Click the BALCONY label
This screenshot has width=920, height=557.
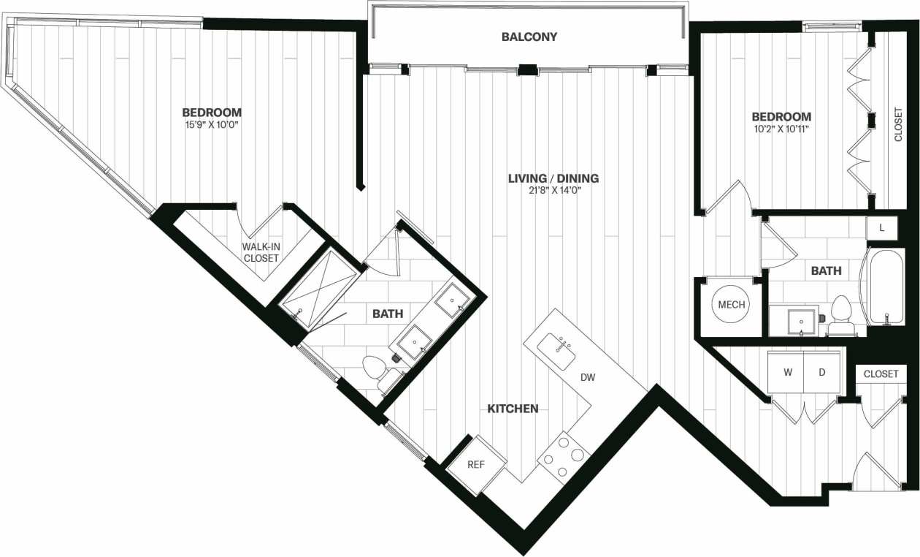(529, 37)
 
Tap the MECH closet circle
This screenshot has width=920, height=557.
(731, 305)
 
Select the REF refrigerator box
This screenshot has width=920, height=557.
(476, 464)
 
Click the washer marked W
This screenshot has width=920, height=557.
(788, 372)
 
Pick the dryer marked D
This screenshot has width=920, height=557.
(821, 372)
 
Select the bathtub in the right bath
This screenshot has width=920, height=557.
(884, 286)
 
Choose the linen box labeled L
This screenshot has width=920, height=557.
(882, 228)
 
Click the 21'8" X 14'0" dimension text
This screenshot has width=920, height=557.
(553, 191)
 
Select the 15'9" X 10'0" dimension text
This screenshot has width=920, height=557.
(211, 126)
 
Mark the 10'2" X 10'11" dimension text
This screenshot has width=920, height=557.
(781, 129)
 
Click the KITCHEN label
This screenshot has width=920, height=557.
(513, 409)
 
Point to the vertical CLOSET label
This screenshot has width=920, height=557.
(898, 124)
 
